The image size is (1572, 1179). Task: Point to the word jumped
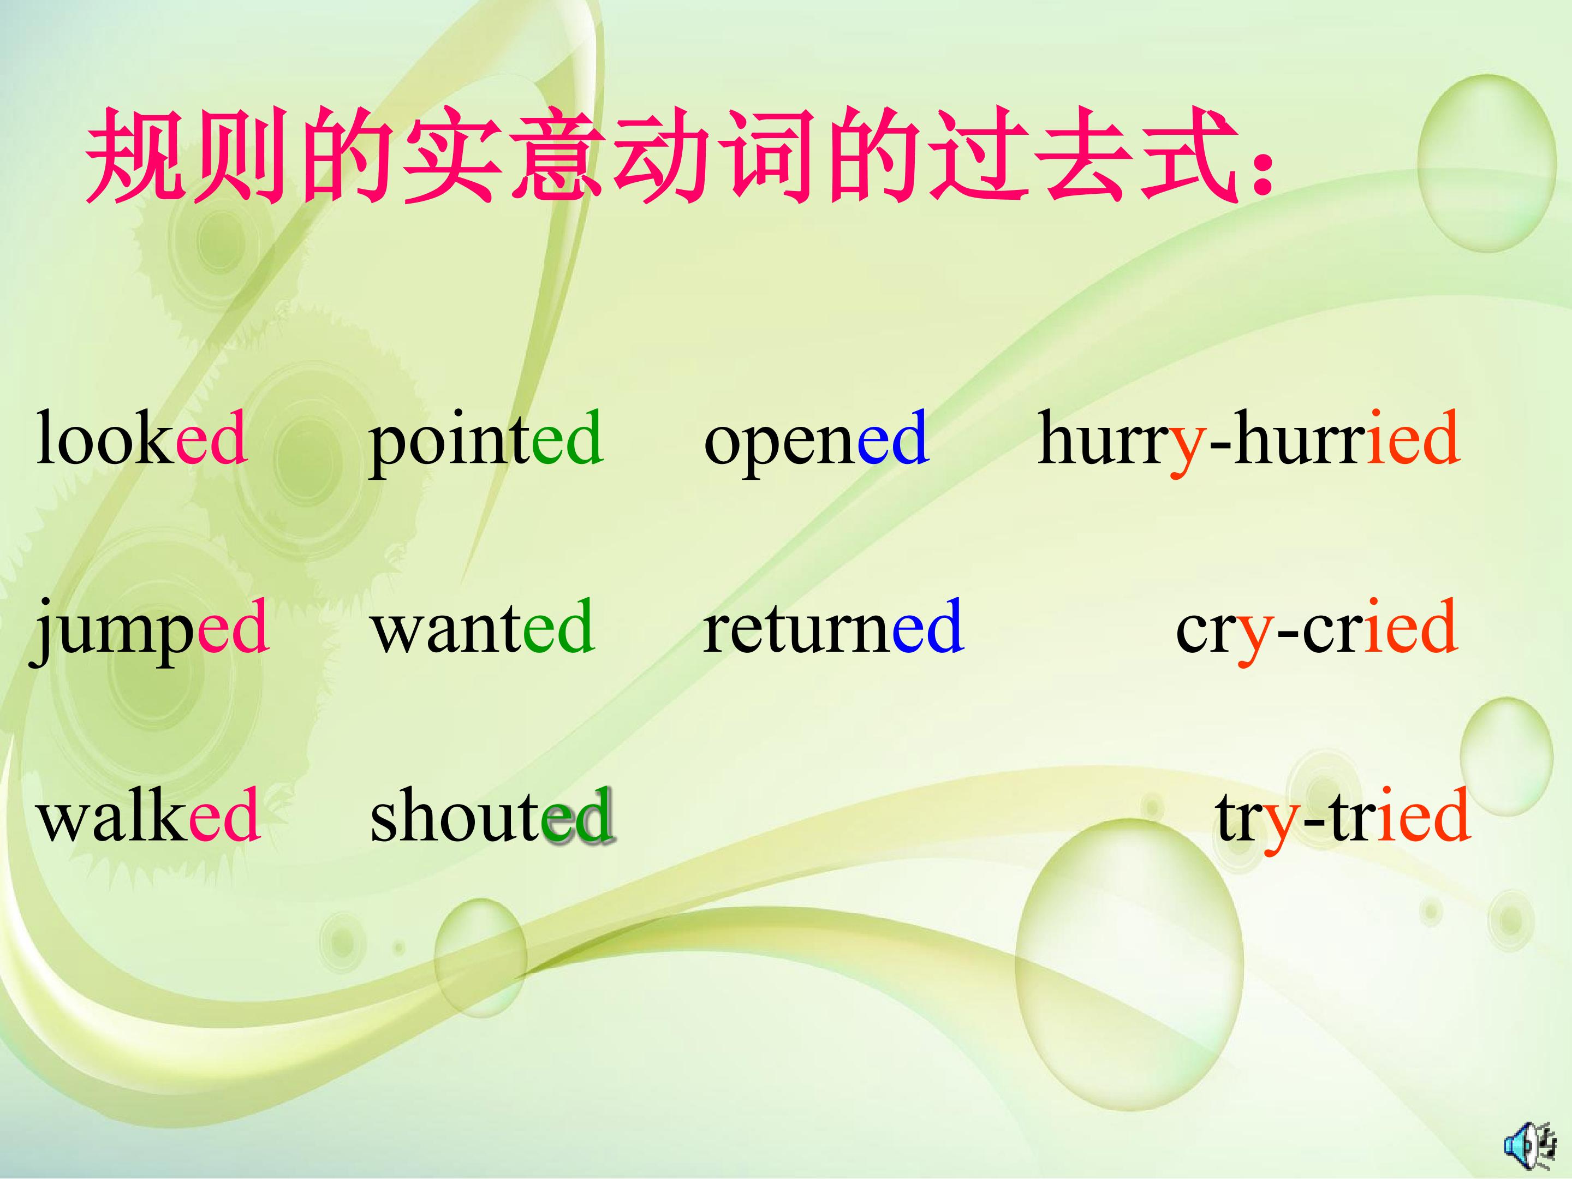(148, 630)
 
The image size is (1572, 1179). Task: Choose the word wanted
(483, 626)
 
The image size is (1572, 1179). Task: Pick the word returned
(833, 626)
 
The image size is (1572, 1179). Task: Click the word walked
(148, 815)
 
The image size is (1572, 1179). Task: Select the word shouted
(492, 815)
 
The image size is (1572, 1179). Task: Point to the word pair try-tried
(1342, 819)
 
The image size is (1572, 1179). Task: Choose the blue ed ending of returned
(928, 626)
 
